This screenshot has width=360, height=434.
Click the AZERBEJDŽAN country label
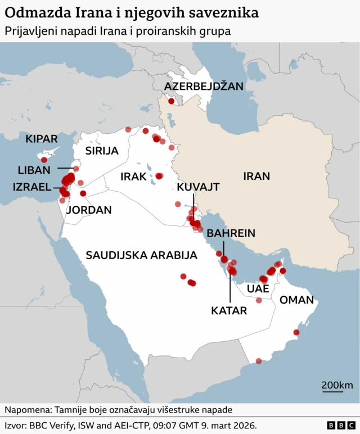pyautogui.click(x=204, y=86)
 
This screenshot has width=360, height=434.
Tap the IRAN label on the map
pyautogui.click(x=256, y=176)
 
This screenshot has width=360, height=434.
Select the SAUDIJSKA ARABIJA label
pyautogui.click(x=141, y=255)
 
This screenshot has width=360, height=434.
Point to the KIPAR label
pyautogui.click(x=42, y=138)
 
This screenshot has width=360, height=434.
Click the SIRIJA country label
pyautogui.click(x=102, y=151)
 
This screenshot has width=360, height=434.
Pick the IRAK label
pyautogui.click(x=133, y=177)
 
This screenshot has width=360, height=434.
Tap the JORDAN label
pyautogui.click(x=89, y=210)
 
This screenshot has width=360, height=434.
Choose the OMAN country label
pyautogui.click(x=296, y=300)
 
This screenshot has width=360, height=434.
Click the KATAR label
pyautogui.click(x=229, y=310)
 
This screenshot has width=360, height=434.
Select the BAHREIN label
pyautogui.click(x=231, y=233)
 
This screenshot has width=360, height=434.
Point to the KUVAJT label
pyautogui.click(x=198, y=187)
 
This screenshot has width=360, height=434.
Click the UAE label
pyautogui.click(x=258, y=288)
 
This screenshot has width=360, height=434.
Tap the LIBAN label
pyautogui.click(x=34, y=170)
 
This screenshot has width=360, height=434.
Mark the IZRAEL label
pyautogui.click(x=32, y=187)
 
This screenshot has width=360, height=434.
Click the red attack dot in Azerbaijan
pyautogui.click(x=171, y=101)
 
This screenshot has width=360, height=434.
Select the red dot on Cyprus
pyautogui.click(x=44, y=160)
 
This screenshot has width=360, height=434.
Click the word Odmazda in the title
pyautogui.click(x=33, y=11)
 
